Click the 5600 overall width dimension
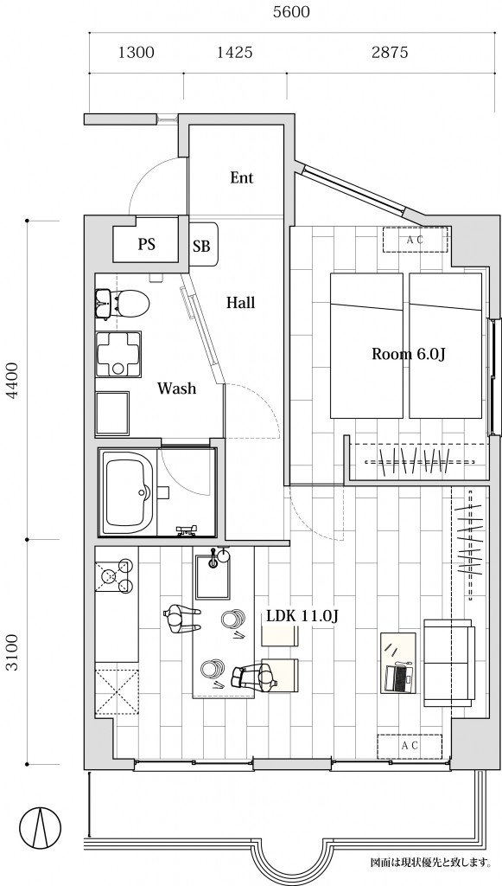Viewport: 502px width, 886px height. click(291, 12)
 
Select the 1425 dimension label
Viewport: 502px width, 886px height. click(235, 53)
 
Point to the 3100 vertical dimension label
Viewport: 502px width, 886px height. click(12, 652)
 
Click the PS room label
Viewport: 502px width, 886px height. click(147, 245)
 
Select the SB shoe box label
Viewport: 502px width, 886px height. click(201, 247)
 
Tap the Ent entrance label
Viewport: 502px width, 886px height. click(241, 178)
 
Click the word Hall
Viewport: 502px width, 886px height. click(241, 303)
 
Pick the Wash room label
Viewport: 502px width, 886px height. click(176, 388)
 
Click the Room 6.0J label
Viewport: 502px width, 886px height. click(409, 354)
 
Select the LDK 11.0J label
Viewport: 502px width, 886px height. click(302, 616)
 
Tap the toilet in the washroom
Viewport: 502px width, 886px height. click(130, 303)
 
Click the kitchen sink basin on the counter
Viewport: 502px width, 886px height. click(213, 577)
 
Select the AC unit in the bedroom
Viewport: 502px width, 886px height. click(416, 240)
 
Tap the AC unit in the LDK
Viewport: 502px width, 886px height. click(410, 747)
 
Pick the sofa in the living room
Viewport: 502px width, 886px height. click(449, 662)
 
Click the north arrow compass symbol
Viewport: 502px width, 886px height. click(40, 825)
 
